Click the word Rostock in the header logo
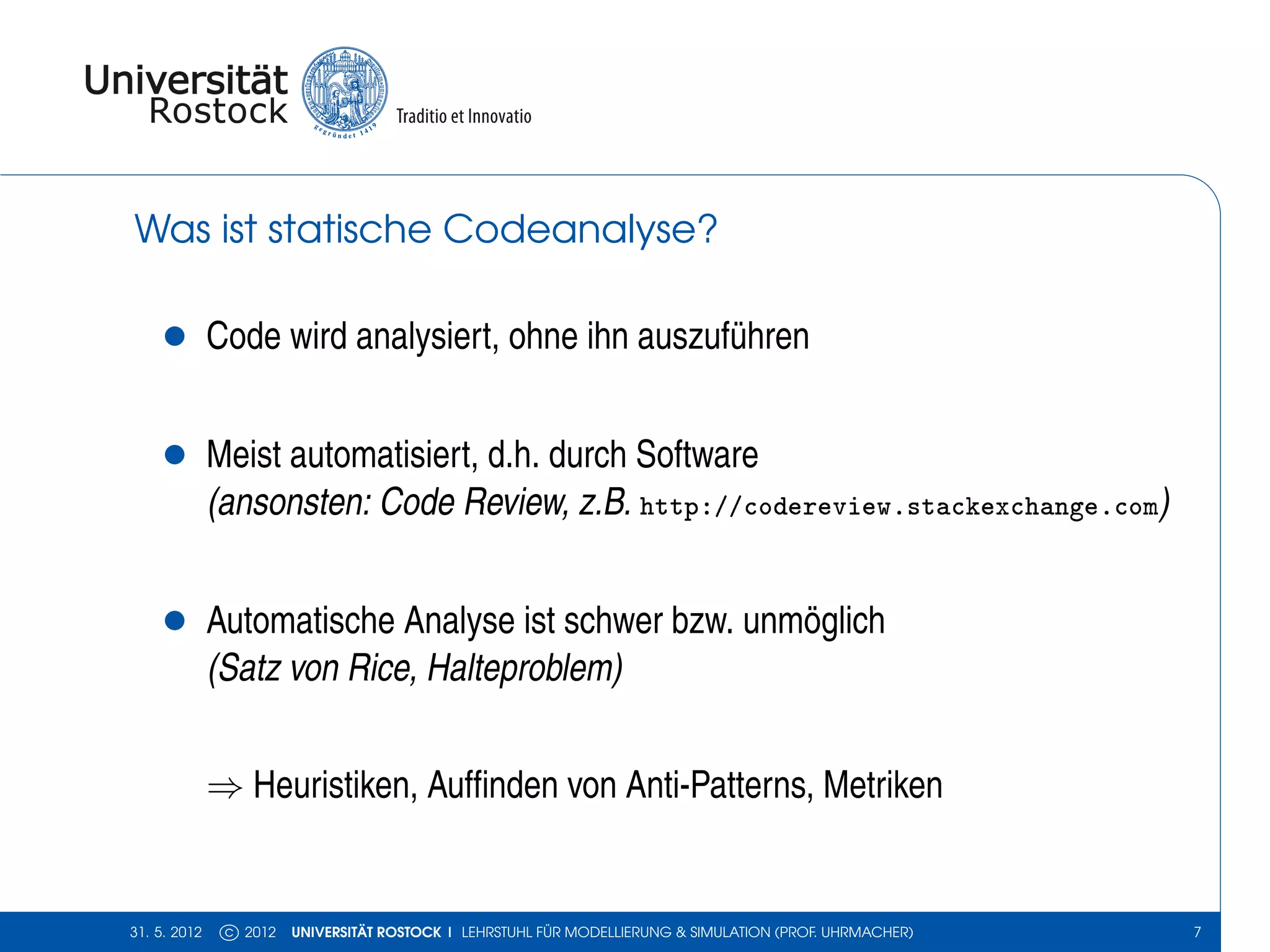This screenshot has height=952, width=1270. pos(218,112)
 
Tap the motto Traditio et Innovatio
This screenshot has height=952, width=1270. pos(464,117)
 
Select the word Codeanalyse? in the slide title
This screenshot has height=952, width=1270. pos(580,229)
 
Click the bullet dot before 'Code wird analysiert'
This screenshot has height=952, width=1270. pos(175,336)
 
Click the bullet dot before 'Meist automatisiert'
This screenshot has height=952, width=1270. pos(175,454)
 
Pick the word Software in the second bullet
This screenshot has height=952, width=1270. pos(696,454)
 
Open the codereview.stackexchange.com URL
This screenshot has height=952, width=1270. pos(899,506)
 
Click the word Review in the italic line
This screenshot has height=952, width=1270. pos(515,502)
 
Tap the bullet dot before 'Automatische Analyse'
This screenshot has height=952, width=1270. pos(175,620)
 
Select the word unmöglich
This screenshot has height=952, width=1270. pos(814,621)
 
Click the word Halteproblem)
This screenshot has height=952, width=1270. pos(525,668)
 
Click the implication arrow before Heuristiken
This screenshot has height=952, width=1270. pos(224,788)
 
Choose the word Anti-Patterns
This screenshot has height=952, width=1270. pos(719,785)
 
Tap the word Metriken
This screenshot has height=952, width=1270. pos(882,785)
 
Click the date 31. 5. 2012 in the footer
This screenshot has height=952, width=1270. pos(166,932)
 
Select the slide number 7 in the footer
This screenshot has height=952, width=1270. pos(1197,932)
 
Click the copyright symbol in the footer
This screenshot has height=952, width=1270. pos(229,932)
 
